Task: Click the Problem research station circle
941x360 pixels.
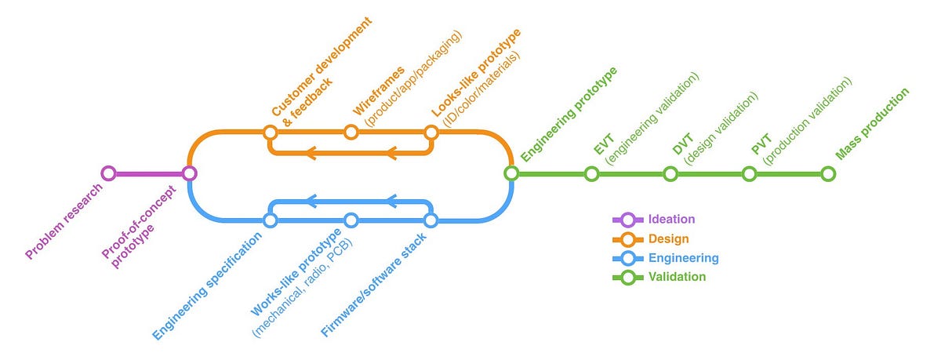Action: (x=108, y=173)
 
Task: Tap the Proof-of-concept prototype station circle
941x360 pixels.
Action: (x=189, y=173)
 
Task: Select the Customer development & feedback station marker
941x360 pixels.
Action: (x=270, y=133)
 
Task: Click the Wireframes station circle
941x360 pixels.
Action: (x=351, y=133)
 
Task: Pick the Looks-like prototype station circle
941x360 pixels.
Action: (x=430, y=133)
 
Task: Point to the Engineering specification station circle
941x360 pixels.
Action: (x=270, y=220)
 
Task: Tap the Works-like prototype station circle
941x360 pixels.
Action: (x=351, y=220)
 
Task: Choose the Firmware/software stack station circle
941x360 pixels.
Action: (x=430, y=220)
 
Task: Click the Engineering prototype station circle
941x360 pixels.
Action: (x=510, y=173)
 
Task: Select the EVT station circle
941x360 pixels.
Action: (x=591, y=173)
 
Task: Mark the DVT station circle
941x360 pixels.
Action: (x=670, y=173)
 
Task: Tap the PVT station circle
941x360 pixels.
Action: (x=750, y=173)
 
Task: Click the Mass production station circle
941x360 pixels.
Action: (x=828, y=173)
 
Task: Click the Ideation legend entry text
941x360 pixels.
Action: (x=672, y=220)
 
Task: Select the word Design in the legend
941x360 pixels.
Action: (x=669, y=238)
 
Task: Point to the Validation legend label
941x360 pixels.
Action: (x=677, y=276)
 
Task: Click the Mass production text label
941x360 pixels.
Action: (x=872, y=123)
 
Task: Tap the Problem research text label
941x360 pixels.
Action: (x=64, y=222)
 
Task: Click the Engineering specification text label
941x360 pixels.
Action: (x=208, y=287)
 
